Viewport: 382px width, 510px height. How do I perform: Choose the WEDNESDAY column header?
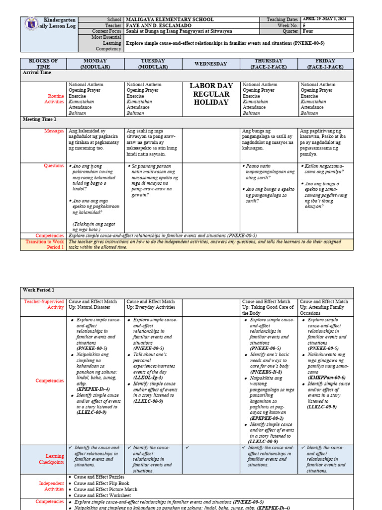coord(211,64)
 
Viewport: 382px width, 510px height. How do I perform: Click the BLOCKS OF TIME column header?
coord(43,64)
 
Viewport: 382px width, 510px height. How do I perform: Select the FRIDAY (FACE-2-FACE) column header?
coord(327,64)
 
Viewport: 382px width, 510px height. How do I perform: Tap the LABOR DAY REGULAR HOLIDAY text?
coord(211,94)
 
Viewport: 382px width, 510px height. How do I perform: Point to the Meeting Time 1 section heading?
coord(40,120)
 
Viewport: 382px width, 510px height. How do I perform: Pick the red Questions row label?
coord(54,166)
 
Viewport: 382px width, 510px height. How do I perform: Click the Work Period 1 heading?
coord(39,290)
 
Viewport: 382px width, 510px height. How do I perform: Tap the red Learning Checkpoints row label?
coord(52,459)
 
